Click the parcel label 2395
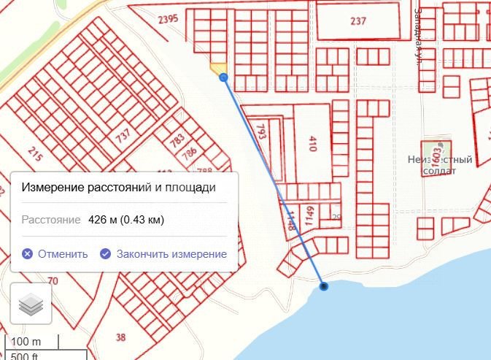click(167, 19)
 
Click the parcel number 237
click(357, 21)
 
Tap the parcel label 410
click(312, 143)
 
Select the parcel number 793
click(261, 132)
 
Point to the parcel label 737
click(123, 135)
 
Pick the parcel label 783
click(177, 141)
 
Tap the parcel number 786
click(189, 154)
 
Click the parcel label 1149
click(309, 215)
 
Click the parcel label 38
click(120, 337)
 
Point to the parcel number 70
click(53, 280)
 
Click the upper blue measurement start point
click(223, 77)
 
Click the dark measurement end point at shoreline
click(324, 286)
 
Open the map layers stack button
click(31, 304)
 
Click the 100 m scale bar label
click(26, 342)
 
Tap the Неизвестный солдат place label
click(440, 165)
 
